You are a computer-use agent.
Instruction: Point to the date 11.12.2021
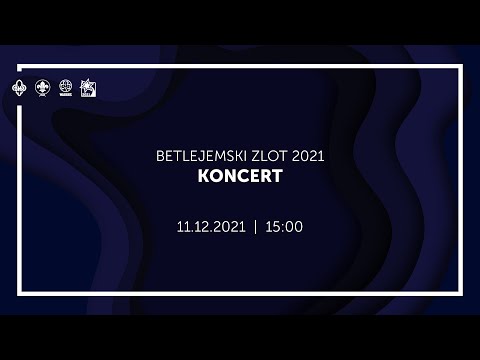pyautogui.click(x=210, y=227)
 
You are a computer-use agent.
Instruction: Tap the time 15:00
pyautogui.click(x=283, y=227)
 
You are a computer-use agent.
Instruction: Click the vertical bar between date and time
pyautogui.click(x=256, y=227)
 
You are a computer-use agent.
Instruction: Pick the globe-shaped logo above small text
pyautogui.click(x=66, y=88)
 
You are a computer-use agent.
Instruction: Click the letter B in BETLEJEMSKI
pyautogui.click(x=150, y=156)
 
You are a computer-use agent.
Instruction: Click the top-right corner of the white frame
pyautogui.click(x=461, y=67)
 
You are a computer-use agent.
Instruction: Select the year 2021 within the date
pyautogui.click(x=227, y=227)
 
